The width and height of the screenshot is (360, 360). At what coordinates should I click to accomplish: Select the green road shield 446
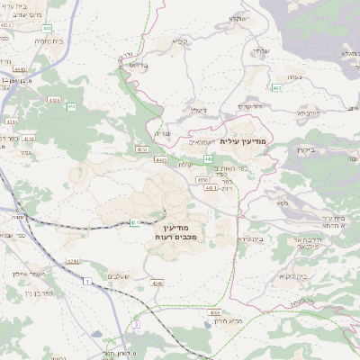coord(207,159)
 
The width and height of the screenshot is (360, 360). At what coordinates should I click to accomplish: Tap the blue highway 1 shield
coord(87,283)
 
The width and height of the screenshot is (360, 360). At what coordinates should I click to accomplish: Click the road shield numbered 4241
coord(73,262)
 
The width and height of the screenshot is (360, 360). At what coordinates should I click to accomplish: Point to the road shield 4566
coord(215,312)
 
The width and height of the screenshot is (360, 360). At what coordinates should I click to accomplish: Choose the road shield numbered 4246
coord(158,284)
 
